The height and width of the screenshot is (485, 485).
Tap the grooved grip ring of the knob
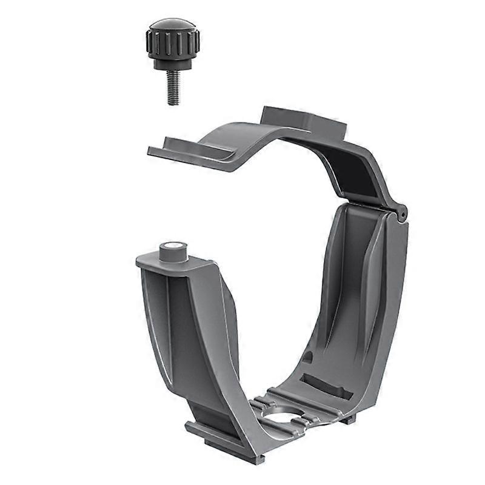click(173, 44)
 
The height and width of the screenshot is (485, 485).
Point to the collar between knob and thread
click(173, 64)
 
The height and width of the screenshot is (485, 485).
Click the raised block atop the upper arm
click(303, 119)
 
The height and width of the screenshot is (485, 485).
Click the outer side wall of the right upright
click(397, 291)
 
